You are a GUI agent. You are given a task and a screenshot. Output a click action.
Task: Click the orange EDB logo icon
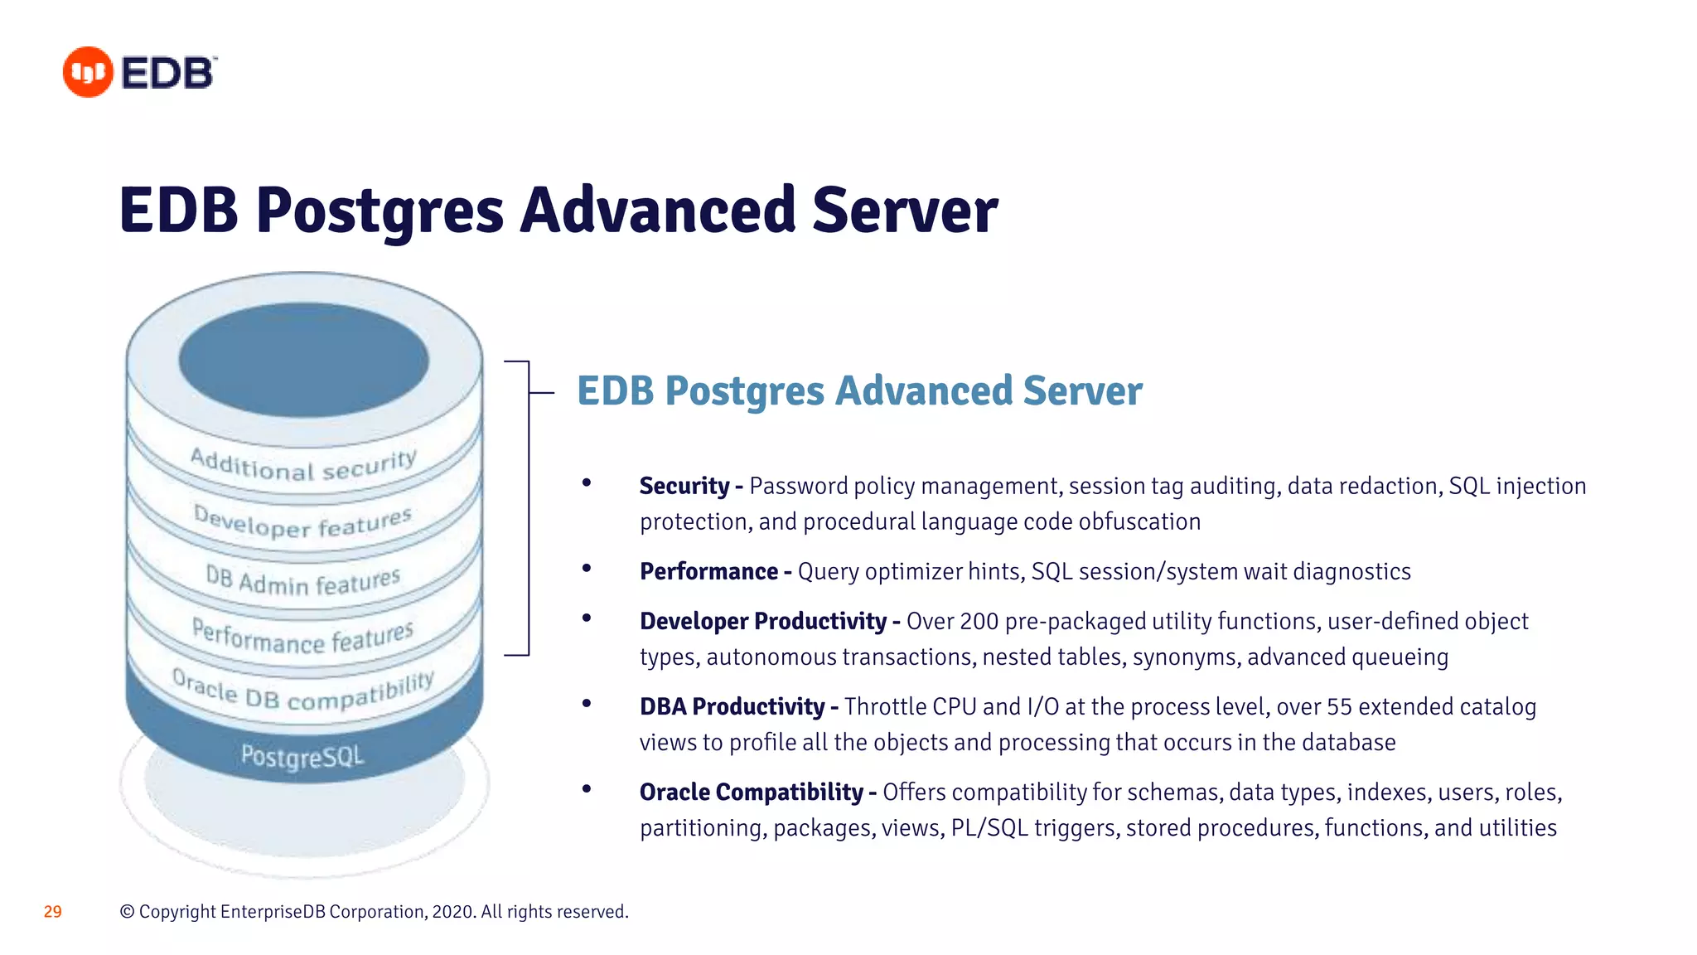tap(88, 72)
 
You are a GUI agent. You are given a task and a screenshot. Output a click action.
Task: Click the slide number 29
tap(52, 912)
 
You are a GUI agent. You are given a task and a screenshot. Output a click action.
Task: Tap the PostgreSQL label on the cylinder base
tap(302, 756)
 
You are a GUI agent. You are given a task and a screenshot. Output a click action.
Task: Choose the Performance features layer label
tap(303, 637)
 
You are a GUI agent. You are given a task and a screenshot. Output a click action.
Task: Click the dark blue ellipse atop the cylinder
tap(303, 360)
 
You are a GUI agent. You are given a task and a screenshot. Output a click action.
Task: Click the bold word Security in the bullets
tap(684, 486)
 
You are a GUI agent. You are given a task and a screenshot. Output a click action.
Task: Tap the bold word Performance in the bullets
tap(708, 571)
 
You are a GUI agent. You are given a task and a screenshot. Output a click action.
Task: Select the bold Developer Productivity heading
tap(763, 621)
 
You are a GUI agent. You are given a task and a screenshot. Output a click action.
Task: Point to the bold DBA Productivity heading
tap(732, 706)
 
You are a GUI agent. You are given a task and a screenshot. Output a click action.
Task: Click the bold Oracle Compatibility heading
tap(751, 792)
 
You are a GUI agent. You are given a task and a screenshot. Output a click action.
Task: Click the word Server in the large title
tap(905, 211)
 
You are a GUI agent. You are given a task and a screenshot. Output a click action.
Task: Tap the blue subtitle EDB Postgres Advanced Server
tap(859, 391)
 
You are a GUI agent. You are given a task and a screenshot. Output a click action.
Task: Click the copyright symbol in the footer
tap(127, 912)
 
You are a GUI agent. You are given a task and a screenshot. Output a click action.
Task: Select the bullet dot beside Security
tap(587, 482)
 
